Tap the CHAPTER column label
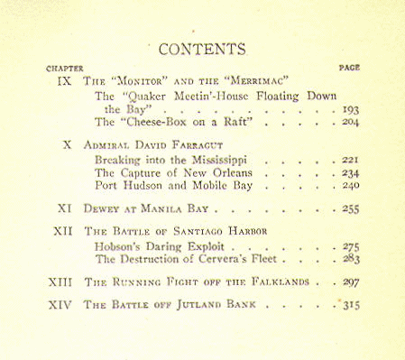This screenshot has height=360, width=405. point(64,68)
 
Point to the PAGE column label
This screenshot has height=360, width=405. point(349,68)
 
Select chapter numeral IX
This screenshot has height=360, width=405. point(64,81)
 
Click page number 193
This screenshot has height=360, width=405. point(351,110)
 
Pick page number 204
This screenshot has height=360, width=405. point(351,124)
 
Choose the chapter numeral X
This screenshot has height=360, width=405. point(68,144)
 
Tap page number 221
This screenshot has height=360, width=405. point(351,159)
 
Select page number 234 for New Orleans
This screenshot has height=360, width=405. point(351,172)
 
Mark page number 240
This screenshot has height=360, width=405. point(351,186)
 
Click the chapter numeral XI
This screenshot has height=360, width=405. point(64,208)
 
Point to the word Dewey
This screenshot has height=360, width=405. point(100,208)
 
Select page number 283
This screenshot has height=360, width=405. point(351,259)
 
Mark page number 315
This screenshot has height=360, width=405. point(351,305)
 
